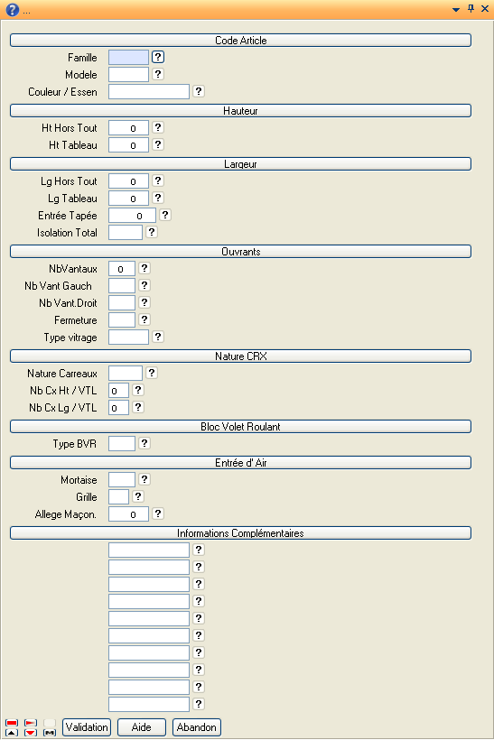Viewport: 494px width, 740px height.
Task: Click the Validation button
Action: pos(87,727)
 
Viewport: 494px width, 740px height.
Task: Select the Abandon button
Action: pos(197,727)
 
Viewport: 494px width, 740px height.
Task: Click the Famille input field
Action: pos(128,58)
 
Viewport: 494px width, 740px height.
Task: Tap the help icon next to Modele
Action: pos(158,74)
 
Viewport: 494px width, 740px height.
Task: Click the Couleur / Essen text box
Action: pos(149,91)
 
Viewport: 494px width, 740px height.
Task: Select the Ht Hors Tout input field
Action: pos(128,128)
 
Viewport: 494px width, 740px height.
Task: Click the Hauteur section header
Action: pos(240,111)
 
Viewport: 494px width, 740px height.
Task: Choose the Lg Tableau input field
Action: pos(128,199)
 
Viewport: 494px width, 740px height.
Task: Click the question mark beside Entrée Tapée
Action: pos(165,215)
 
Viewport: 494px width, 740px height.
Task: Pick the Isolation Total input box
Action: pos(126,232)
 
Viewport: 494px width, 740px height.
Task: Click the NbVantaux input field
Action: pos(122,269)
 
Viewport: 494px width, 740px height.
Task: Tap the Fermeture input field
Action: pos(122,320)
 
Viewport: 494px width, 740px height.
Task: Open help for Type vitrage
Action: pos(158,337)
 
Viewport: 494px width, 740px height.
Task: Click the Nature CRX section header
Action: pos(240,356)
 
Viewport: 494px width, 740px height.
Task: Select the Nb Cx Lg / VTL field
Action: pos(118,408)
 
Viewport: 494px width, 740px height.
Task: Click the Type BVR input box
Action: pos(122,444)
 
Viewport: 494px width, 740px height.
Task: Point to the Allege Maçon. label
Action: pos(66,514)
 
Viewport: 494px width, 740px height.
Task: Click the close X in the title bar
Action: pos(485,8)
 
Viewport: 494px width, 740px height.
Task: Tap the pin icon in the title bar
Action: pos(471,8)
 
